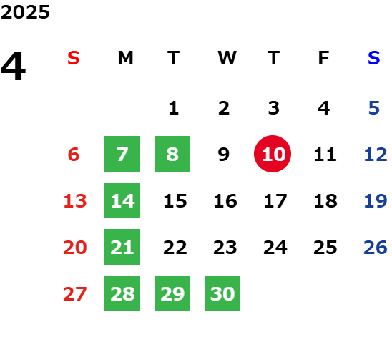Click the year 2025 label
click(25, 12)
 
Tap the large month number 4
click(14, 66)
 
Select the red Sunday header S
click(74, 58)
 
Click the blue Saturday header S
click(374, 58)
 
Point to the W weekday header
click(227, 58)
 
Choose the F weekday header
click(324, 58)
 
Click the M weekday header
click(125, 58)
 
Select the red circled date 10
click(273, 154)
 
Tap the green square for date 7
click(122, 154)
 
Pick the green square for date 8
click(172, 154)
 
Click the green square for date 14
click(122, 200)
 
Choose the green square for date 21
click(122, 247)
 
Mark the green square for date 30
click(222, 293)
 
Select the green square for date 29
click(172, 293)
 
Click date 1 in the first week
click(174, 108)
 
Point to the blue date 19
click(376, 201)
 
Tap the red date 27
click(75, 294)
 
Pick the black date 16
click(225, 201)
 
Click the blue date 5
click(374, 108)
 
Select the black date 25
click(325, 248)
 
